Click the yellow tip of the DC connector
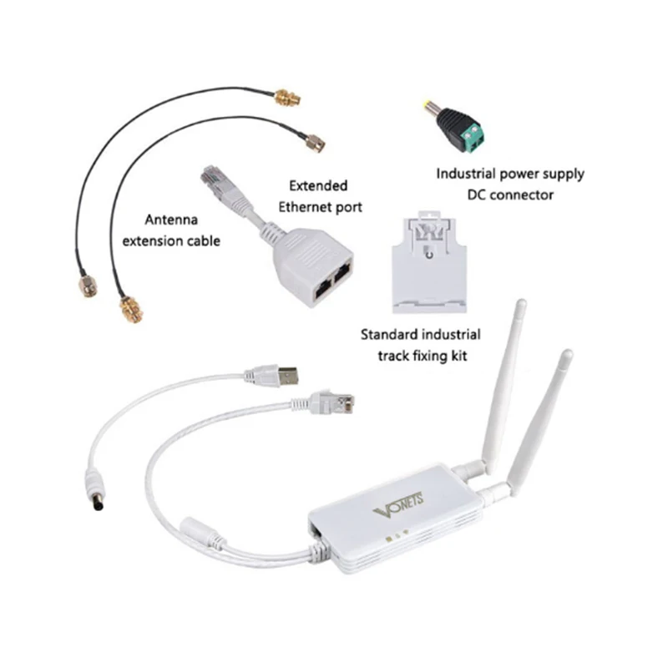coord(428,107)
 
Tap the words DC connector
coord(509,195)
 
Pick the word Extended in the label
coord(317,185)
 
